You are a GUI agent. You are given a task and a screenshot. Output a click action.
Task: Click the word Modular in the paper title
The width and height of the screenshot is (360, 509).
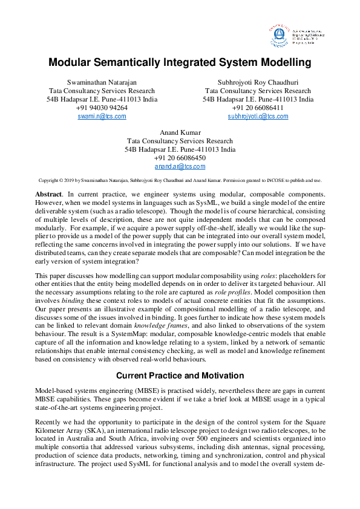71,62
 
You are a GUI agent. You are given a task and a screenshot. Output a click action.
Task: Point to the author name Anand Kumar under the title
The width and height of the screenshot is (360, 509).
180,132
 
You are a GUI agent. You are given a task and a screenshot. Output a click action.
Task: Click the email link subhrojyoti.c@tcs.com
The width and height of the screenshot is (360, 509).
258,116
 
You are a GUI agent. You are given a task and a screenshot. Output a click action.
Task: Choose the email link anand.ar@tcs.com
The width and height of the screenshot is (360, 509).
180,166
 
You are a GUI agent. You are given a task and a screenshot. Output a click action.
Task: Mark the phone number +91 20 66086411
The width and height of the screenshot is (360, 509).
258,108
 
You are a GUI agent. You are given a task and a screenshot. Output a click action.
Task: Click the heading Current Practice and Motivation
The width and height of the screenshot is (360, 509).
180,375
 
